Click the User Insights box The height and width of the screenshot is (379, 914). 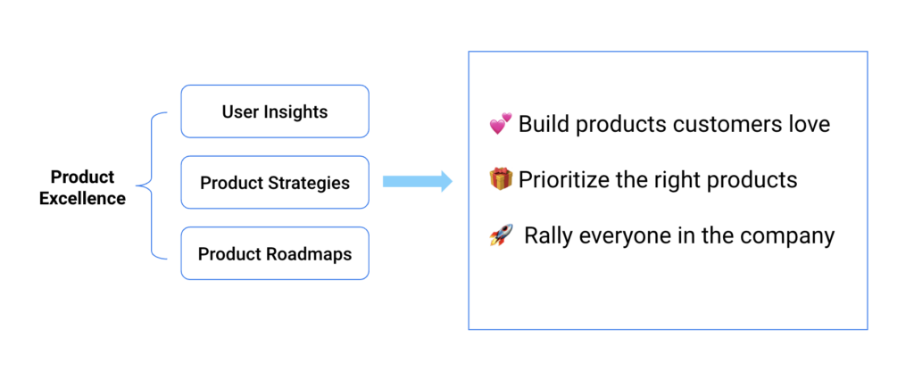275,111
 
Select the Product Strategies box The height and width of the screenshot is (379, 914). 275,182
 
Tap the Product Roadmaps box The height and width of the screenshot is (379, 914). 275,253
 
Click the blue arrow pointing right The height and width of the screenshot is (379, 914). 418,181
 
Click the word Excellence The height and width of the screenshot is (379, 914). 82,199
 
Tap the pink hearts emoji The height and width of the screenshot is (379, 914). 500,124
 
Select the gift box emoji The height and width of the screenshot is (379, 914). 501,179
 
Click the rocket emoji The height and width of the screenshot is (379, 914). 501,235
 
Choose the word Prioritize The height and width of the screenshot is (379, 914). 565,180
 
